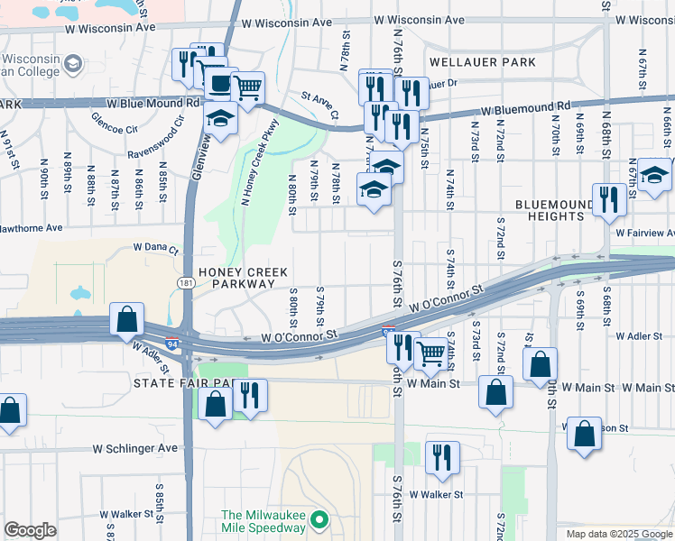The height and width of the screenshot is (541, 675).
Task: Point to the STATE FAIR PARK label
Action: coord(185,383)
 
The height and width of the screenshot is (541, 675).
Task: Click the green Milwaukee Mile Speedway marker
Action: coord(318,520)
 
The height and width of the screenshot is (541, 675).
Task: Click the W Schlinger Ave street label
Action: coord(135,448)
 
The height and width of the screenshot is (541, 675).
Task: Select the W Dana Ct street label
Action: coord(156,246)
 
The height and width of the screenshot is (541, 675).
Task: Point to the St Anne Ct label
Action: coord(319,104)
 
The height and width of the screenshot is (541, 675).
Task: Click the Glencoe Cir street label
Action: coord(114,121)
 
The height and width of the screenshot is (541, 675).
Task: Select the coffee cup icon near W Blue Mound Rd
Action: coord(219,84)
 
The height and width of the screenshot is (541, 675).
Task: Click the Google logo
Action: coord(30,530)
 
